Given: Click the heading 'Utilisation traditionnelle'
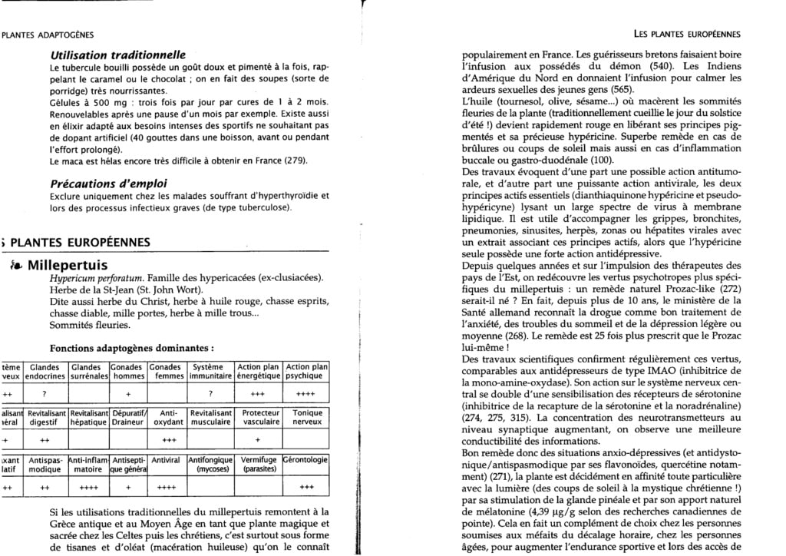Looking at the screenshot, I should point(118,55).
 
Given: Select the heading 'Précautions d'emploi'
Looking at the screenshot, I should point(109,184).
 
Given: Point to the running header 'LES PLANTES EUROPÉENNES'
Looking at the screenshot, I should point(686,34).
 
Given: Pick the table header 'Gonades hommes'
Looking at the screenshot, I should point(128,372).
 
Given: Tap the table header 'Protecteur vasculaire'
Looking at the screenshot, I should point(257,417).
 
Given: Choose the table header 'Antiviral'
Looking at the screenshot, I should point(167,460).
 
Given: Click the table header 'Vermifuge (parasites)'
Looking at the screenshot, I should point(257,464).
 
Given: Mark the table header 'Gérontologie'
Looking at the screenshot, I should point(305,460).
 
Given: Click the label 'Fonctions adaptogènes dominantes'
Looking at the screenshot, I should point(124,347).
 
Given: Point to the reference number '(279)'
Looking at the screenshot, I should point(294,161).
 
